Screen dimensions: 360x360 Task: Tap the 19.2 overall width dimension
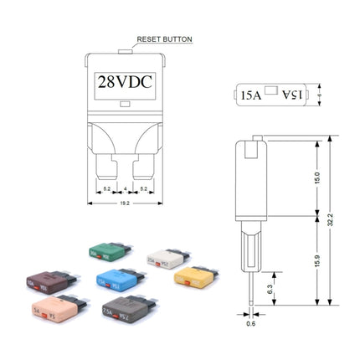(123, 202)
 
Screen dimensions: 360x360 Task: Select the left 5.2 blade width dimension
(106, 189)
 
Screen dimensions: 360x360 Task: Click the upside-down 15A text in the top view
(290, 96)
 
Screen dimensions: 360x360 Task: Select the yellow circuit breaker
(195, 277)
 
